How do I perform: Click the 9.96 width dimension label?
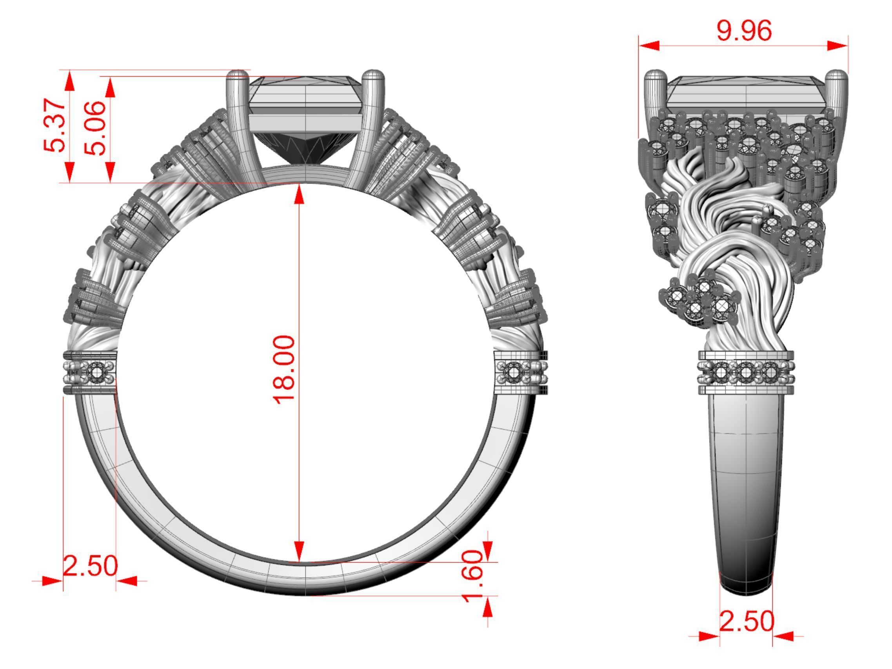pos(744,30)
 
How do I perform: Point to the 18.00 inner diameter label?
pos(284,369)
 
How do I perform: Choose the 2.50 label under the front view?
pos(90,566)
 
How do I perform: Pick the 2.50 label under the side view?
pos(747,622)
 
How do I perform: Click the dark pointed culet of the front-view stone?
pos(305,159)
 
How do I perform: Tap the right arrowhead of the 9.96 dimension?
pos(838,45)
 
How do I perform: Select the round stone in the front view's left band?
pos(96,373)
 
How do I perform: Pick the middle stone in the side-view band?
pos(746,373)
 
